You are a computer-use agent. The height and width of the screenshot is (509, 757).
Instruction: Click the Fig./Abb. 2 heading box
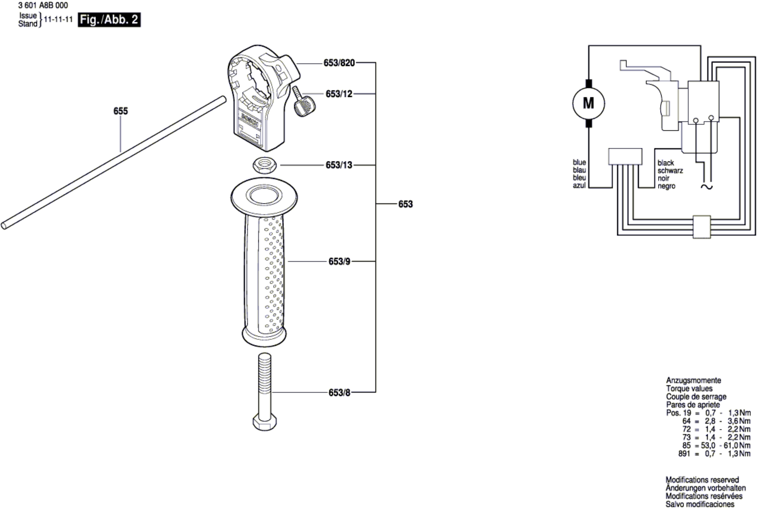coord(109,20)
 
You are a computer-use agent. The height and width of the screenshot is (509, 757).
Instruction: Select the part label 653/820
coord(339,63)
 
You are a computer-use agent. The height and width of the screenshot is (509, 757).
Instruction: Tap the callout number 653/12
coord(339,94)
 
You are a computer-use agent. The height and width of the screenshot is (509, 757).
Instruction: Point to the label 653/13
coord(339,165)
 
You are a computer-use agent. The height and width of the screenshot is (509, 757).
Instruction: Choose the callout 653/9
coord(339,262)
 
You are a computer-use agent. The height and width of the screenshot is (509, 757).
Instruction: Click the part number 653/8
coord(339,393)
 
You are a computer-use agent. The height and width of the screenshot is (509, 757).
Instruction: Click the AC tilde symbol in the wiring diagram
coord(707,187)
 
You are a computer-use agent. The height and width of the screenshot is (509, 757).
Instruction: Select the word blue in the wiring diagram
coord(579,162)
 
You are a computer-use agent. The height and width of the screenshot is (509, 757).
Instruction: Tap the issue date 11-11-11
coord(58,20)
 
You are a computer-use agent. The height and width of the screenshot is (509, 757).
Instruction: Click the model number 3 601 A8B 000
coord(43,6)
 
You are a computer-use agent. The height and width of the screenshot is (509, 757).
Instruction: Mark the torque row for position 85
coord(716,445)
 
